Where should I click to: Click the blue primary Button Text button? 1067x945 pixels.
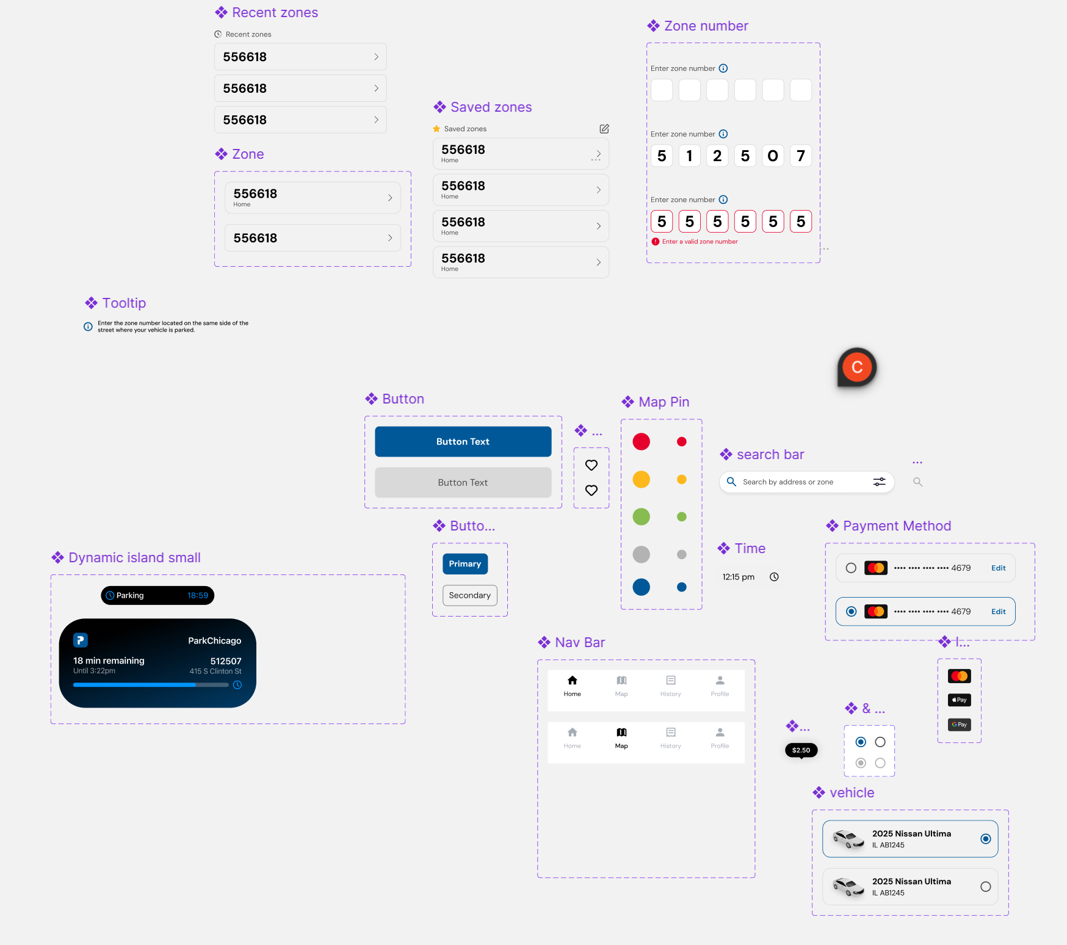coord(463,441)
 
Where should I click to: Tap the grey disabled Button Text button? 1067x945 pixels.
coord(463,482)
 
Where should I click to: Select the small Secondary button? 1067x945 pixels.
coord(469,595)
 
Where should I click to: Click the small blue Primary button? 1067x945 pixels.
coord(465,563)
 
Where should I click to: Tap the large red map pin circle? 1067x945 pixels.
coord(641,441)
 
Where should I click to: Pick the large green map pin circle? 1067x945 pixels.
coord(641,516)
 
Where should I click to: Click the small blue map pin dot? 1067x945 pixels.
coord(682,587)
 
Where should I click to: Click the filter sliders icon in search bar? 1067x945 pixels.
coord(879,482)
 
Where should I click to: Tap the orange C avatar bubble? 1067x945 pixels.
coord(857,367)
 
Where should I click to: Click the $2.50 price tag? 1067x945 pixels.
coord(801,750)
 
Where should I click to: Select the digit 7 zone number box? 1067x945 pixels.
coord(801,156)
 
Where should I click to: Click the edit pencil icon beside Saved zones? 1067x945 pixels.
coord(604,129)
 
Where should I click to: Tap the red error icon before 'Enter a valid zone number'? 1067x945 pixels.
coord(656,242)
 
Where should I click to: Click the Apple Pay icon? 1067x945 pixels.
coord(959,700)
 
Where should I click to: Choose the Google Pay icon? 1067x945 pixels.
coord(959,725)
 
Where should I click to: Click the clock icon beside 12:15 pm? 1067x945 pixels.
coord(774,577)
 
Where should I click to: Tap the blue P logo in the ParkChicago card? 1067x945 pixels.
coord(81,640)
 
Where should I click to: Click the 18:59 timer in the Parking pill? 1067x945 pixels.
coord(197,595)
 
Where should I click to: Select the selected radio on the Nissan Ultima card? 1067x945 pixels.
coord(985,839)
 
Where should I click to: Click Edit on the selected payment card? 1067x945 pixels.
coord(998,612)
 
